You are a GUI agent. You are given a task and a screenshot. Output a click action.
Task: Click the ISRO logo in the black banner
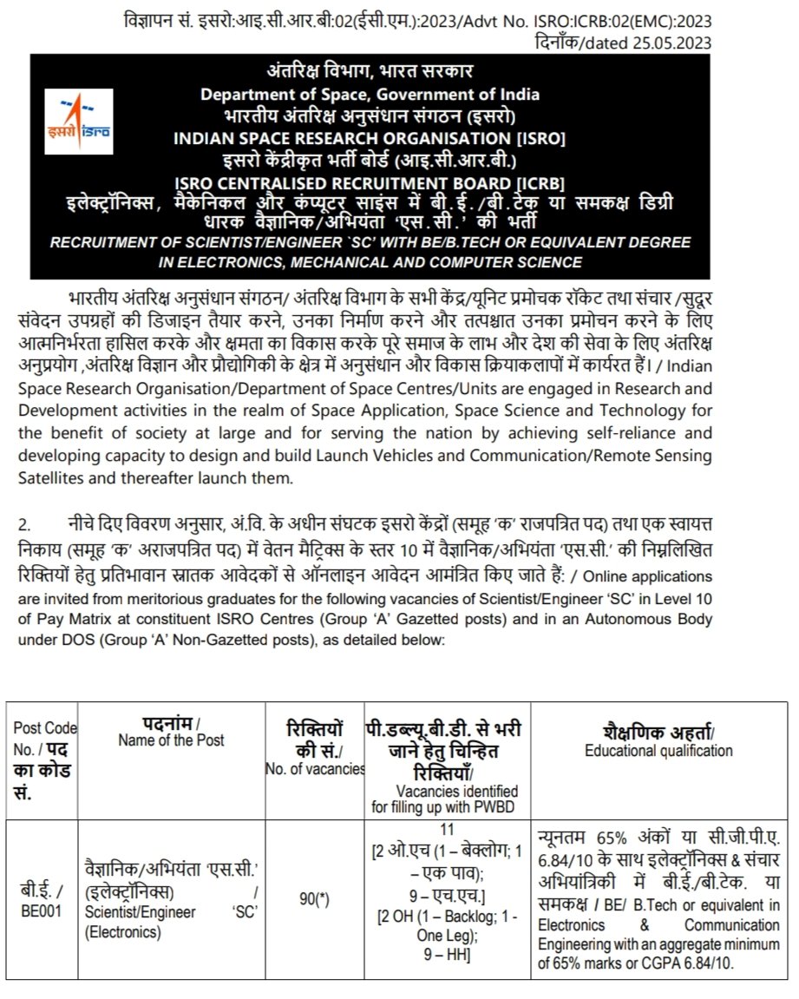(x=79, y=122)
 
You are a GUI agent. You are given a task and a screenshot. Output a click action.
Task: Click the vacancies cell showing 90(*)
(x=314, y=900)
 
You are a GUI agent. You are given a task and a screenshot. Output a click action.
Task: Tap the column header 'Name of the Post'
(x=171, y=739)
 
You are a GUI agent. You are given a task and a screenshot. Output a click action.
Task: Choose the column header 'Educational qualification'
(x=658, y=751)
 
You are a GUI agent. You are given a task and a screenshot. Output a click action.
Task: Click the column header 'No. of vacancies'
(x=315, y=767)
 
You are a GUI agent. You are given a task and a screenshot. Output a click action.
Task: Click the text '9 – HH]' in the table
(x=449, y=955)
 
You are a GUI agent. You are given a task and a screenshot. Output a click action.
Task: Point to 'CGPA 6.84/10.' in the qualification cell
(x=708, y=963)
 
